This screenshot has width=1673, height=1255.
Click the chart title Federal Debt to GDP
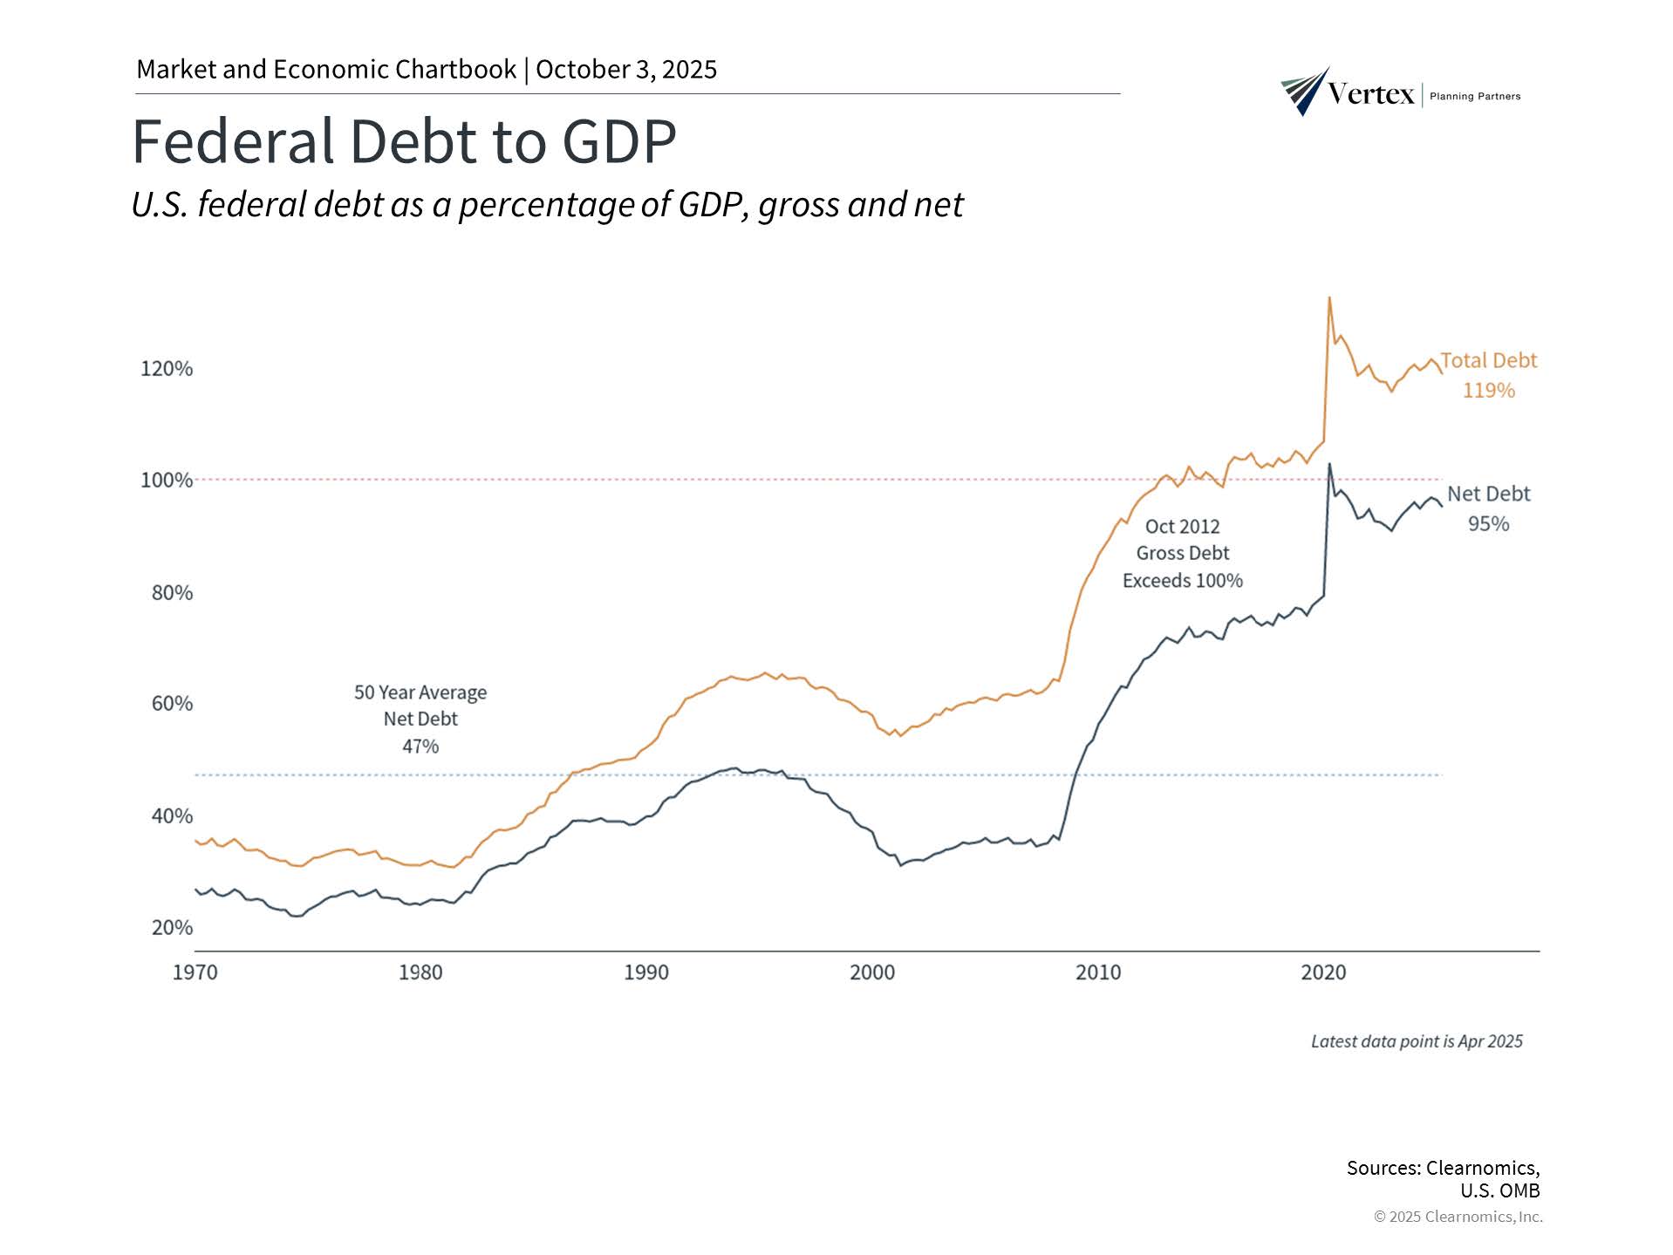(404, 140)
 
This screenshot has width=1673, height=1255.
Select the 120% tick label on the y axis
(167, 369)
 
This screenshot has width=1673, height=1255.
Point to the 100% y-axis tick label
(167, 481)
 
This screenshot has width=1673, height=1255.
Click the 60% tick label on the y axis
(172, 704)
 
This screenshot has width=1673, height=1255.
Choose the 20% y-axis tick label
(172, 927)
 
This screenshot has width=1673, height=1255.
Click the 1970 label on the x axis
(195, 972)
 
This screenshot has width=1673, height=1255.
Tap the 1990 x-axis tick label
(646, 972)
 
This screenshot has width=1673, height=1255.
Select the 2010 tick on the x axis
(1098, 972)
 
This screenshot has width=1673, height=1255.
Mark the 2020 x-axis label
(1323, 972)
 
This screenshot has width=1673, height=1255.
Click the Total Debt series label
(1488, 361)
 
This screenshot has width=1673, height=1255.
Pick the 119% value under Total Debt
(1488, 391)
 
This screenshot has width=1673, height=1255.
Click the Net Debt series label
(1488, 494)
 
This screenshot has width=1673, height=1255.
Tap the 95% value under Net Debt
(1488, 524)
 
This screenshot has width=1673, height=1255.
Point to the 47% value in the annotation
(420, 747)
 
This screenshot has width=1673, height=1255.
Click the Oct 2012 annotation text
(1182, 527)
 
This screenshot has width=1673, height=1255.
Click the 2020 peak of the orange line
(1328, 298)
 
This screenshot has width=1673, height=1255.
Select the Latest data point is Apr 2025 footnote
(1417, 1041)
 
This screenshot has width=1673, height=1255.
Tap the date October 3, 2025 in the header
(626, 70)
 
